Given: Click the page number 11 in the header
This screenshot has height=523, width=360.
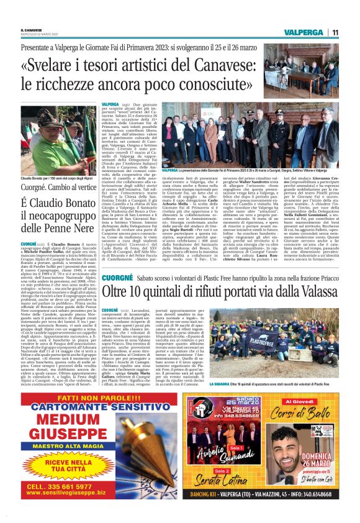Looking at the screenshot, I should pyautogui.click(x=335, y=32).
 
